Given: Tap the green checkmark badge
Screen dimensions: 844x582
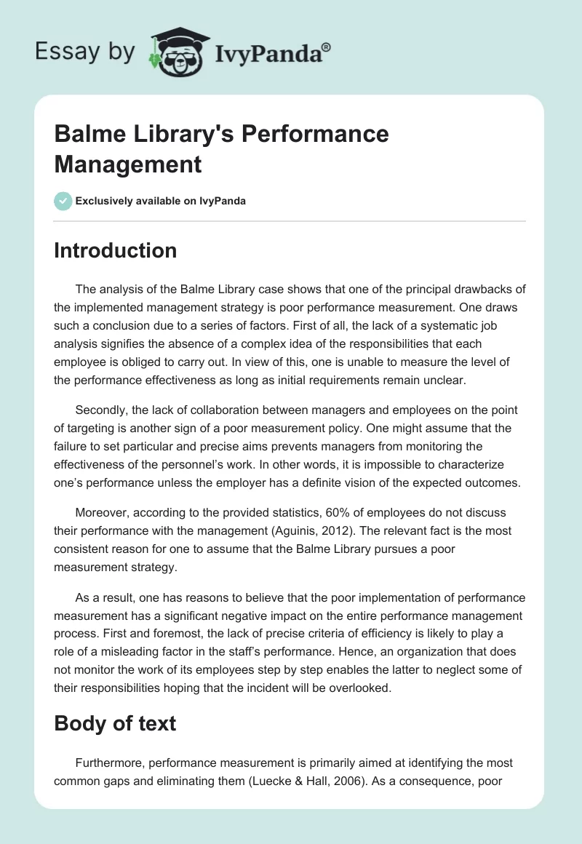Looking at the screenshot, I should (63, 201).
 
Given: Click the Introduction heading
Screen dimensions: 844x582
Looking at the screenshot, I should (115, 250).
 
